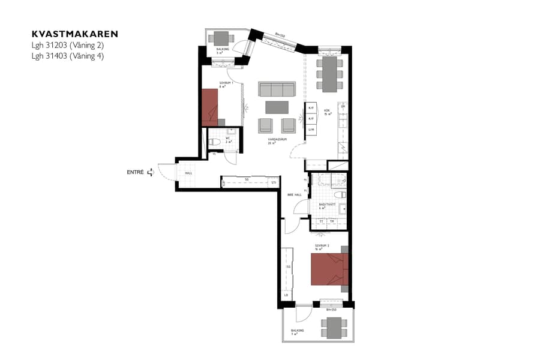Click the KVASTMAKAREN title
74,34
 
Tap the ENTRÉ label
135,172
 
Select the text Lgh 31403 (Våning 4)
71,56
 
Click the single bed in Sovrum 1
209,107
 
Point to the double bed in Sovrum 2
328,269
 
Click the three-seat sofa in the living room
277,89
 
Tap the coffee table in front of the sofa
277,107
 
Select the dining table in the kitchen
330,74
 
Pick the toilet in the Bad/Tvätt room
340,196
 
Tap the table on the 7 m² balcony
334,328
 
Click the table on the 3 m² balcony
221,38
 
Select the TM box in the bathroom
331,221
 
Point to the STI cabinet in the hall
274,182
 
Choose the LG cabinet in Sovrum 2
287,295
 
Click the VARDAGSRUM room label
277,139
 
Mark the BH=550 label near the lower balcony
331,310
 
